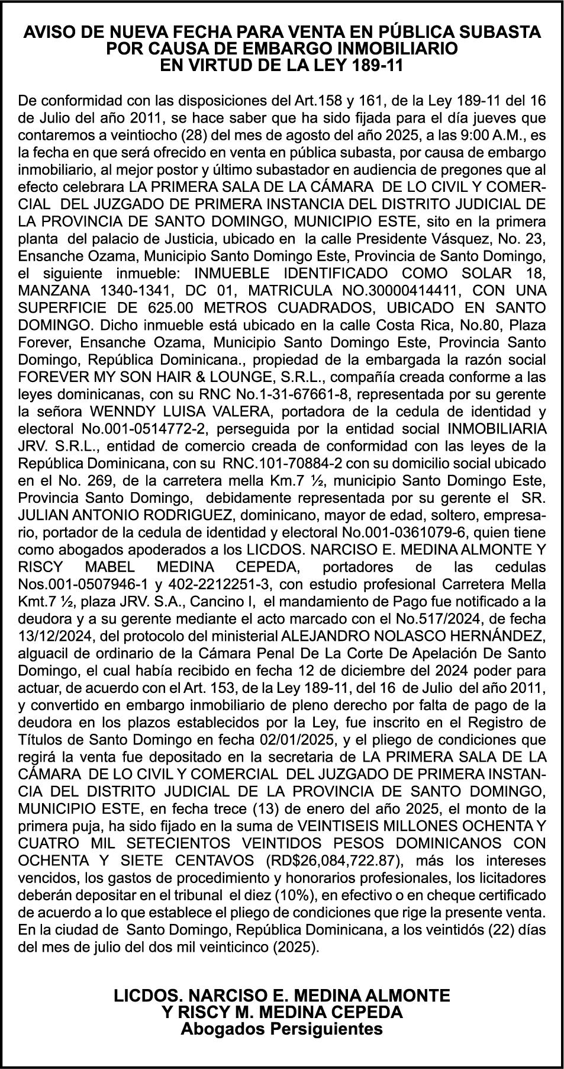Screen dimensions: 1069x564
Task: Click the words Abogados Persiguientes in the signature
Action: click(282, 1029)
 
